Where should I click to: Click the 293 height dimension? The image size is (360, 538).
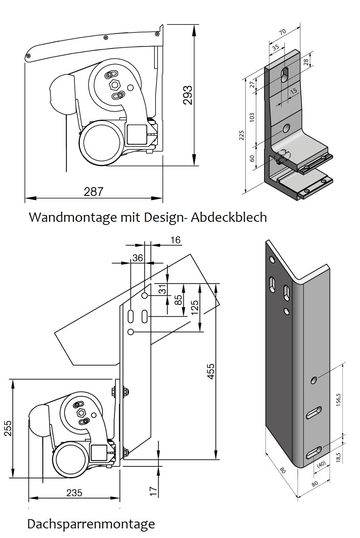click(188, 95)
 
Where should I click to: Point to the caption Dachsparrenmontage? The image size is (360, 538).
click(91, 524)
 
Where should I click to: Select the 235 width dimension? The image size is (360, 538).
click(74, 492)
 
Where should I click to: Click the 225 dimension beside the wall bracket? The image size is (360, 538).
click(242, 135)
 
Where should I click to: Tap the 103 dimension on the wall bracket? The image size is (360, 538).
click(252, 118)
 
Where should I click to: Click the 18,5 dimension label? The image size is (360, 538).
click(338, 457)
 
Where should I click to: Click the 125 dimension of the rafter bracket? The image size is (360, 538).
click(195, 307)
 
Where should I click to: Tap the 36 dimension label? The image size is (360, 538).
click(138, 258)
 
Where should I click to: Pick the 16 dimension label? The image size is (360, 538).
click(175, 240)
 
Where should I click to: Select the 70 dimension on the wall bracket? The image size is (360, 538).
click(283, 32)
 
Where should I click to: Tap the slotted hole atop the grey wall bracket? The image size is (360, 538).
click(286, 74)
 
